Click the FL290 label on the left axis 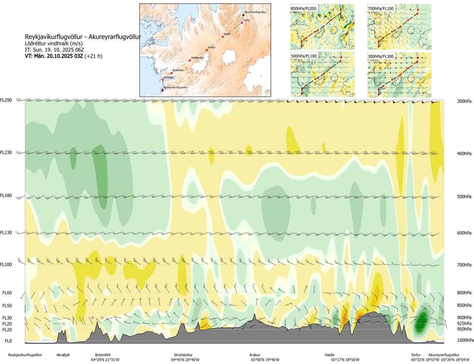(x=6, y=100)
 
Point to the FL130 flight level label (x=6, y=233)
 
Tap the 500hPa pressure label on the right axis (x=464, y=197)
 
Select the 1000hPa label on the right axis (x=465, y=340)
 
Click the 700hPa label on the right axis (x=464, y=265)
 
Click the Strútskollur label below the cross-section (x=183, y=355)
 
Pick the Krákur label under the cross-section (x=255, y=355)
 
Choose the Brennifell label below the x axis (x=103, y=355)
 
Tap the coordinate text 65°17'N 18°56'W (x=345, y=360)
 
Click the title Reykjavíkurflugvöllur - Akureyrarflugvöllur (x=83, y=37)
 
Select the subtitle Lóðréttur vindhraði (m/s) (x=54, y=43)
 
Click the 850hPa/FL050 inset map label (x=304, y=9)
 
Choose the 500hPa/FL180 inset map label (x=304, y=56)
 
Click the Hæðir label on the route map (x=227, y=34)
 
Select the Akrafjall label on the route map (x=168, y=78)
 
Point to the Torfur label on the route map (x=247, y=20)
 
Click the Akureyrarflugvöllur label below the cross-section (x=444, y=355)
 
